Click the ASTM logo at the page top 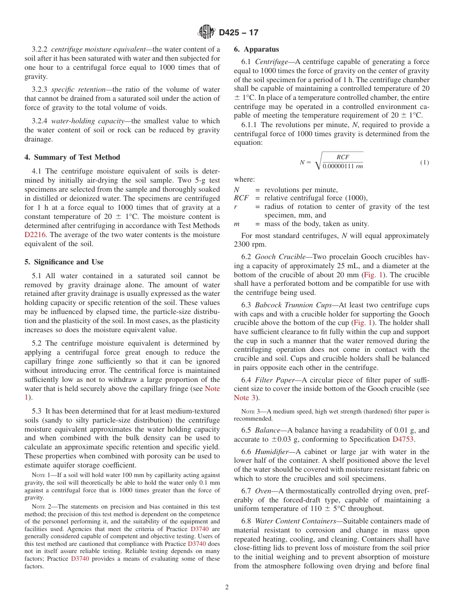tap(206, 32)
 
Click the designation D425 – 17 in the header tap(238, 33)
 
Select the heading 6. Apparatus tap(256, 49)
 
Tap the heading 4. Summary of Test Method tap(72, 157)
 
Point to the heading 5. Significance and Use tap(64, 262)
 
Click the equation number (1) tap(424, 163)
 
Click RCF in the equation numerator tap(343, 157)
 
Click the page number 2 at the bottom tap(227, 587)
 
